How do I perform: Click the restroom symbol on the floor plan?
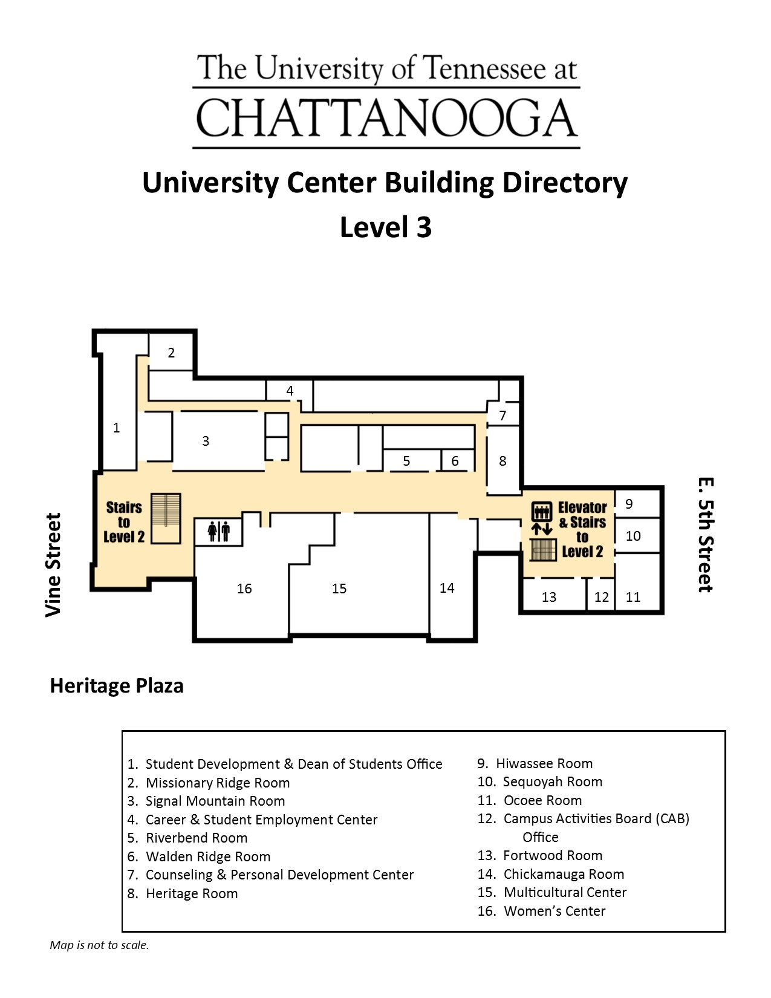click(218, 532)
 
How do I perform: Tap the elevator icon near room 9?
click(542, 512)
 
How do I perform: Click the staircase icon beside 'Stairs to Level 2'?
click(166, 518)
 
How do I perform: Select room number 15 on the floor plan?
click(339, 589)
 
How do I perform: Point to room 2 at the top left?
click(171, 353)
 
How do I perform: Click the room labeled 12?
click(601, 597)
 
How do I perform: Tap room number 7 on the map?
click(503, 416)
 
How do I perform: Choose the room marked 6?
click(455, 461)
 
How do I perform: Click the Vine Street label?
click(53, 564)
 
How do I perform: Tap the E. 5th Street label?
click(705, 535)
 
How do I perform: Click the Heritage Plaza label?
click(117, 685)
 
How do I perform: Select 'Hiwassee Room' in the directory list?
click(544, 763)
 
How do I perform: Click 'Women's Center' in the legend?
click(554, 911)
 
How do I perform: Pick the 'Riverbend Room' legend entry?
click(197, 838)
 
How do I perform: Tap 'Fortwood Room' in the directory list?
click(552, 855)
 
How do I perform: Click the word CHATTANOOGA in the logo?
click(386, 118)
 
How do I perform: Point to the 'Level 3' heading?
click(386, 227)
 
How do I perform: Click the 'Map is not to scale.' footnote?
click(99, 945)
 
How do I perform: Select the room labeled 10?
click(633, 536)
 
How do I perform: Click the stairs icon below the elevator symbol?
click(542, 550)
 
